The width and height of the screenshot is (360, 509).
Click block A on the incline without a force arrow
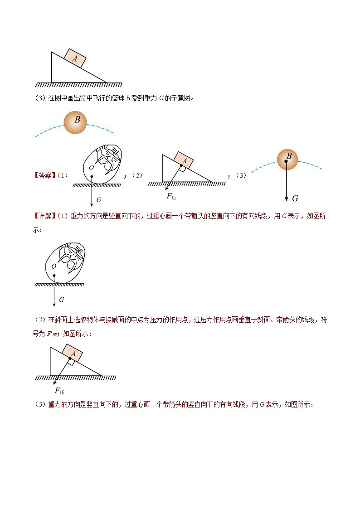pos(75,58)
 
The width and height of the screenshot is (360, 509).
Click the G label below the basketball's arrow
pos(295,198)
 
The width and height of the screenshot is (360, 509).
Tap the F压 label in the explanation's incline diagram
pos(59,391)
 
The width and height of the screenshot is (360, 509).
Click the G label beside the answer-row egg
pos(99,199)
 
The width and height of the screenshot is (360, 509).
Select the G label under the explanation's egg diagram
pos(61,300)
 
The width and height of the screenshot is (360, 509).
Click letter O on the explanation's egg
pos(53,267)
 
